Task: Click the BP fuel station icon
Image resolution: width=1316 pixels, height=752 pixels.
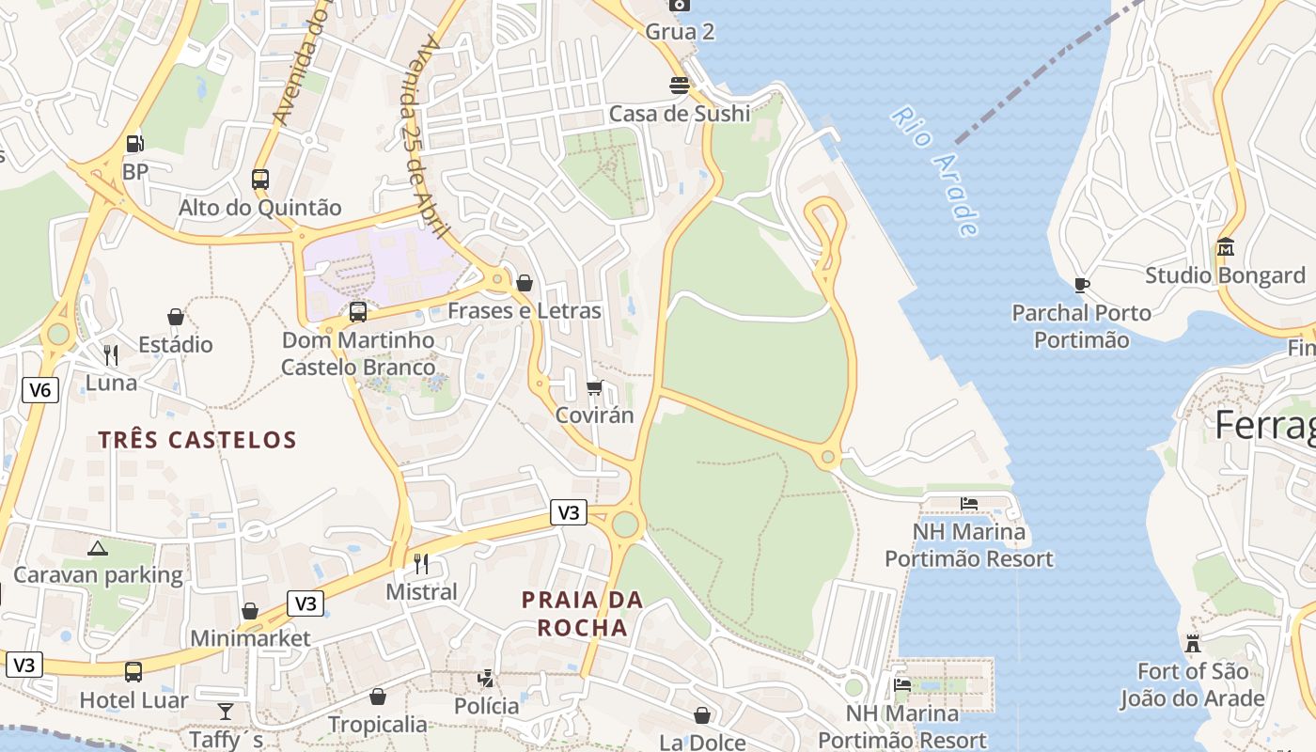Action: (135, 144)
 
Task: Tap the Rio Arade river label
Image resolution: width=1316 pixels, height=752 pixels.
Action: (936, 170)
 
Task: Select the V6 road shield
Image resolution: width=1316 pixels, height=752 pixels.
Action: (39, 390)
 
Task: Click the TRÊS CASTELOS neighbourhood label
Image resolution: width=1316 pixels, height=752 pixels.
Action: (197, 439)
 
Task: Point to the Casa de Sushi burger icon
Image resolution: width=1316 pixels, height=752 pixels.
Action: (680, 86)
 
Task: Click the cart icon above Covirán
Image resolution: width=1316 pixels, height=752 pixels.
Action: (594, 387)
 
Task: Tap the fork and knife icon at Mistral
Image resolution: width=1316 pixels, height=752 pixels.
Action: (421, 563)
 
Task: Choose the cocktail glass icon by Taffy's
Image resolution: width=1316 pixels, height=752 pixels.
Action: (226, 711)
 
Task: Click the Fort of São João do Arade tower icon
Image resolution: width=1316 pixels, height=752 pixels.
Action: (1193, 644)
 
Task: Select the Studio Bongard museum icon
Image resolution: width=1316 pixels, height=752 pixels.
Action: (1225, 247)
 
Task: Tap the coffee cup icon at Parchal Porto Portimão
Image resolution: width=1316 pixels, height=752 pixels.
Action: (1081, 284)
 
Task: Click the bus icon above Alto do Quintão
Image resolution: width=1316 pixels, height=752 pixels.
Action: (260, 179)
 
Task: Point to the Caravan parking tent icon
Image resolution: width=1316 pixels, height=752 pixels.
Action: (98, 547)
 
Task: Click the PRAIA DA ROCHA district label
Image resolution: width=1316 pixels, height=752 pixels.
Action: (583, 613)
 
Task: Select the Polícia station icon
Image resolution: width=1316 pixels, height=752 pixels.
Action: (486, 678)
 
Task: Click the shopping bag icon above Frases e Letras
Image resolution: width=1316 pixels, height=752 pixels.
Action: (525, 282)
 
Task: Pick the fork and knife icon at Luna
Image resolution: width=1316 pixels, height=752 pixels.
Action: (111, 354)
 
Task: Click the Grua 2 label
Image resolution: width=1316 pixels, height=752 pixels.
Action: (680, 31)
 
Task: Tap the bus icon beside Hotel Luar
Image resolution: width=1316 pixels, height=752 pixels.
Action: (133, 672)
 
